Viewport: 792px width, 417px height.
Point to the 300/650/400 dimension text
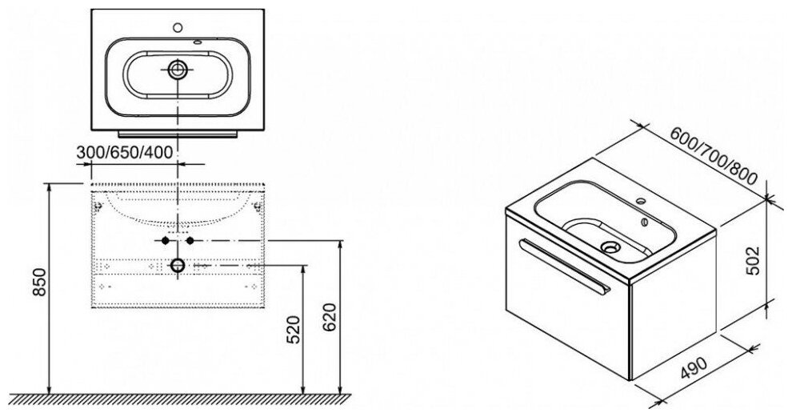point(126,152)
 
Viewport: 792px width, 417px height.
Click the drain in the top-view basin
point(177,70)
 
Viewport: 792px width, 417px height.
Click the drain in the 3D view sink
point(611,247)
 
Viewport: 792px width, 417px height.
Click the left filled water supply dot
point(164,241)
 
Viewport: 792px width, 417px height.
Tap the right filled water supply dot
point(190,241)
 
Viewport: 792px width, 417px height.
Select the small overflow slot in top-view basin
point(197,42)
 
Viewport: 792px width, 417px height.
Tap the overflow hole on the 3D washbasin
point(646,216)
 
